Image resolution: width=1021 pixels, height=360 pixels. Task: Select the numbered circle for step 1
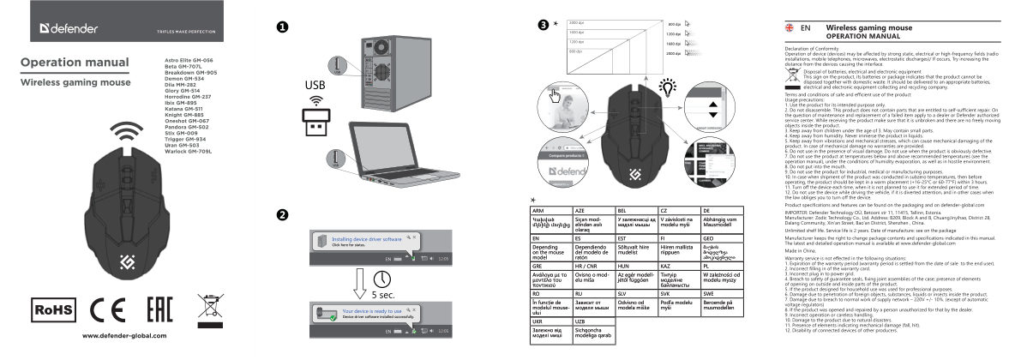pos(281,27)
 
